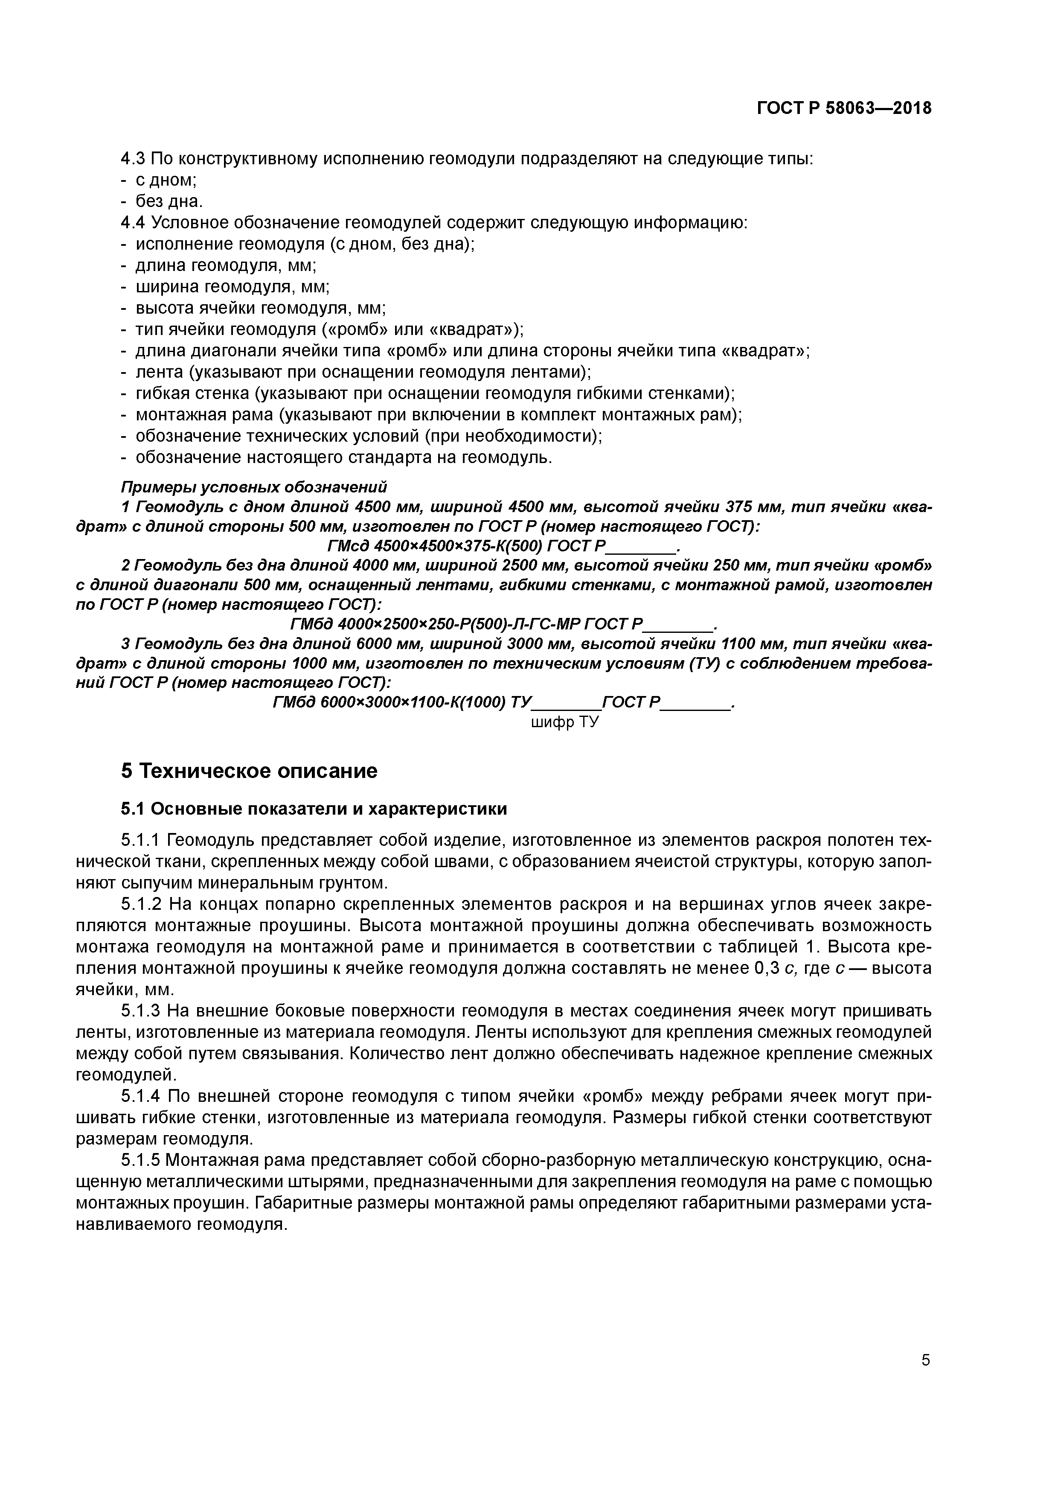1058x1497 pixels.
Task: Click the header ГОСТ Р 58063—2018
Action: tap(843, 108)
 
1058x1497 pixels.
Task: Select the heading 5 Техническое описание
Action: tap(249, 771)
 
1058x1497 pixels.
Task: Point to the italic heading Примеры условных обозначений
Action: tap(253, 487)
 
